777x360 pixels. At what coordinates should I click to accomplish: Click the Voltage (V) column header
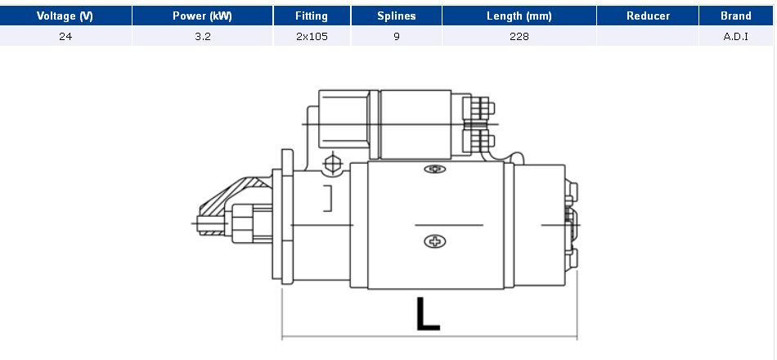(x=65, y=16)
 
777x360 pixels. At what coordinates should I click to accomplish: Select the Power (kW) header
(x=202, y=16)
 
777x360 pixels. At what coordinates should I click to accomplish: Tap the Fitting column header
(x=312, y=16)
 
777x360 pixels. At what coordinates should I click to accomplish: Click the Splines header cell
(x=397, y=16)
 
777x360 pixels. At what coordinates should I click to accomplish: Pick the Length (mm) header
(x=519, y=16)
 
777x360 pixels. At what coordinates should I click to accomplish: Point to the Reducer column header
(x=648, y=16)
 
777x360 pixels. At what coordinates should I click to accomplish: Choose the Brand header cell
(x=736, y=16)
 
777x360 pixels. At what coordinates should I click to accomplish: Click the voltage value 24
(x=65, y=36)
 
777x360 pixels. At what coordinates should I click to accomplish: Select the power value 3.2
(x=202, y=36)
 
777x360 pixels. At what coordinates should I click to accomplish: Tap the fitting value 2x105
(x=312, y=36)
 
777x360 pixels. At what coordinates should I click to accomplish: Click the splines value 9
(x=397, y=36)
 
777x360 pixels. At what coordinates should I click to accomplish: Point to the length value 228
(x=519, y=36)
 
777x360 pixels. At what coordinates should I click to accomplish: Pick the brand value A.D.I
(x=736, y=36)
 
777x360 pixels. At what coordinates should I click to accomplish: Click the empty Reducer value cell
(x=648, y=36)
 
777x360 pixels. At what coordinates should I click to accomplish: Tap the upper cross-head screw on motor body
(x=435, y=169)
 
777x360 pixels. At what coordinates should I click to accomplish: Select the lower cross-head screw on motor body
(x=435, y=241)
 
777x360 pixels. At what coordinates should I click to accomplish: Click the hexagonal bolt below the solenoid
(x=332, y=163)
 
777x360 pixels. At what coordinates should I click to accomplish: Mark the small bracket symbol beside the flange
(x=328, y=198)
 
